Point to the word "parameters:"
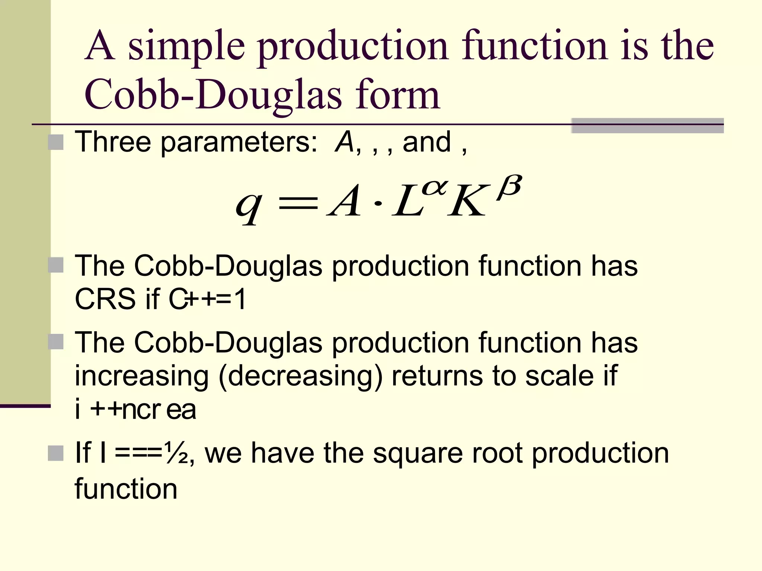(239, 143)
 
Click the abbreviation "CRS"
(105, 299)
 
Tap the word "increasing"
(142, 376)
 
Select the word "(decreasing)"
(300, 377)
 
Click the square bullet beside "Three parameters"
(56, 142)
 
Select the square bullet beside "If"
(56, 453)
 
